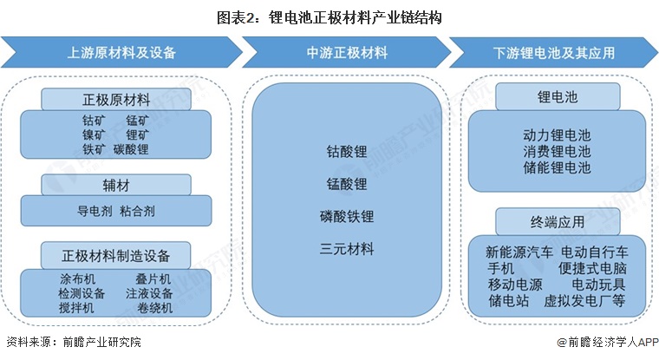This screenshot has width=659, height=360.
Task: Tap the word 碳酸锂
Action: click(x=131, y=149)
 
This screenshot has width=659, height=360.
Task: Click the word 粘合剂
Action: click(x=138, y=210)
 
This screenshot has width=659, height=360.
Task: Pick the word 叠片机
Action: click(x=153, y=279)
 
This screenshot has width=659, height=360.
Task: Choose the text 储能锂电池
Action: click(x=556, y=167)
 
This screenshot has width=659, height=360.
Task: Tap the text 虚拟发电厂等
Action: click(x=584, y=301)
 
